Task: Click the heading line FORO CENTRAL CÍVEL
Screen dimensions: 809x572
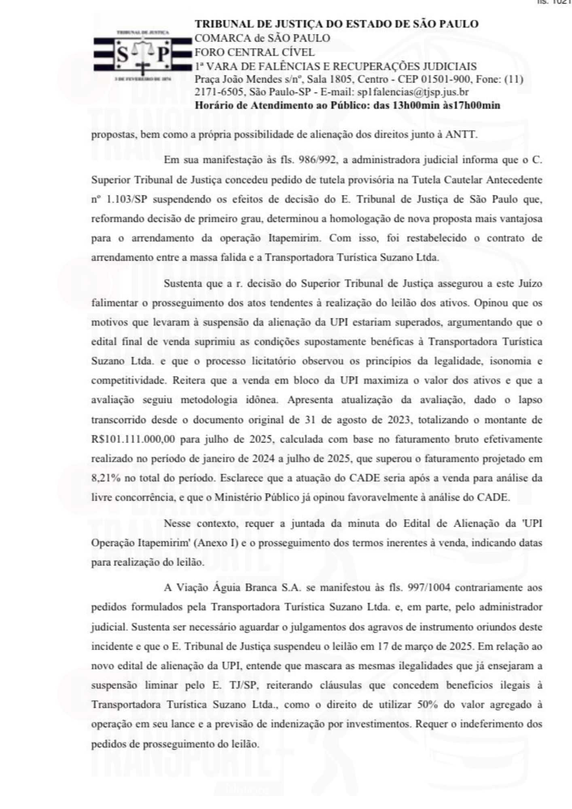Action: (254, 52)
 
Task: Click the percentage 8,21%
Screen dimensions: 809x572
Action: (106, 478)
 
